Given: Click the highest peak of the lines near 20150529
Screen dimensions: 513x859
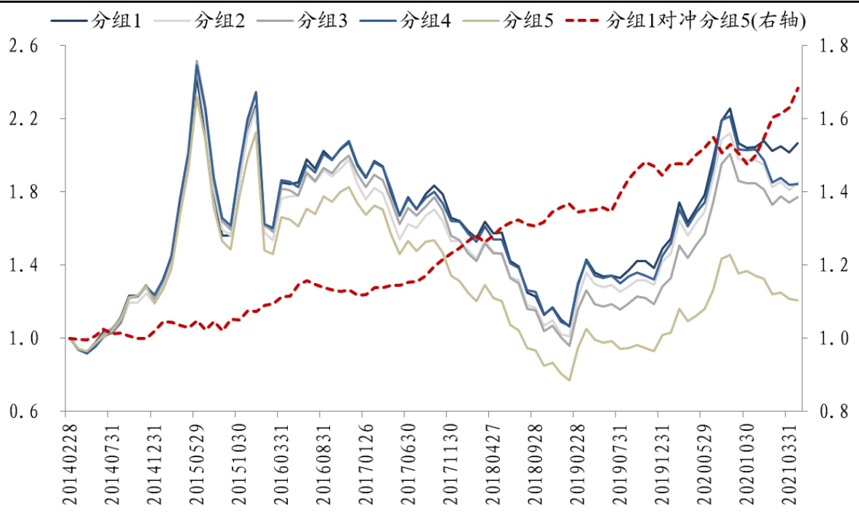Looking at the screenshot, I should pyautogui.click(x=196, y=62).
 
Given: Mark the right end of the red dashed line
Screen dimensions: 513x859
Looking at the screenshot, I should pyautogui.click(x=799, y=87).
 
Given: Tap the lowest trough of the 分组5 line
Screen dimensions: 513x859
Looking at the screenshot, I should pyautogui.click(x=570, y=380).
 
